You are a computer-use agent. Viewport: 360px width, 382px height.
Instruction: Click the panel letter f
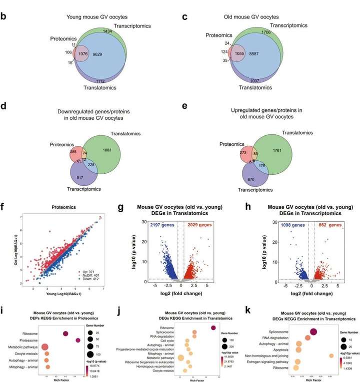coord(5,205)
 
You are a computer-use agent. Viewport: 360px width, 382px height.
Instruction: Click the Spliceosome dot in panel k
coord(313,332)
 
